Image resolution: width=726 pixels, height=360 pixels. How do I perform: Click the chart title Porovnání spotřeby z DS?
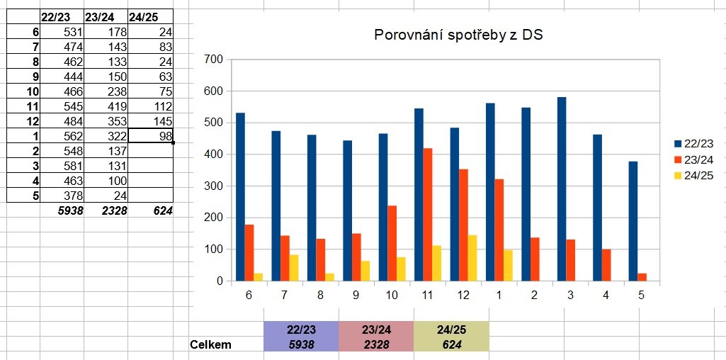458,35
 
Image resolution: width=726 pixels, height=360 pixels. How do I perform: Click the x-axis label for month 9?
347,297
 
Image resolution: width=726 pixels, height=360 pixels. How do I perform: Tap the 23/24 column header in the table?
98,16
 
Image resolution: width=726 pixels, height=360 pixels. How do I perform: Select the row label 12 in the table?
33,120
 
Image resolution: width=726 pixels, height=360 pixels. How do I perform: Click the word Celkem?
210,344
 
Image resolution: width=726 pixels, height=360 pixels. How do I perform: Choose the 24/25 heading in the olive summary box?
450,330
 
